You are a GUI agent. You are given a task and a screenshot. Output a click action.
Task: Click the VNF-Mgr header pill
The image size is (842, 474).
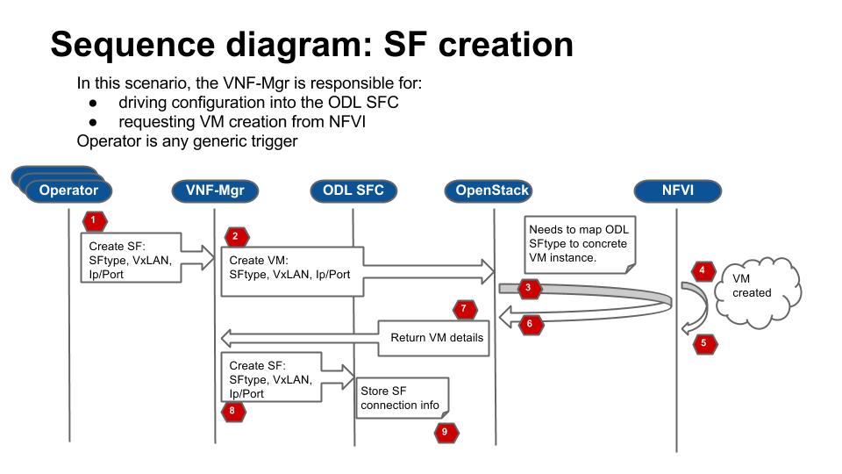pyautogui.click(x=215, y=190)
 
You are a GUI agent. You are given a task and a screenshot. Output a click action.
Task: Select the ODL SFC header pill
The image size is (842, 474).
pyautogui.click(x=353, y=190)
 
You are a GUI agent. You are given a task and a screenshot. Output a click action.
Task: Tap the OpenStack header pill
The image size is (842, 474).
pyautogui.click(x=492, y=190)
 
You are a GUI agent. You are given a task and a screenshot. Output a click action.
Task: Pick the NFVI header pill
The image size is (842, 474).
pyautogui.click(x=677, y=190)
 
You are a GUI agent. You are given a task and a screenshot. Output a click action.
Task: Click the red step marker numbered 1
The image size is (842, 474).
pyautogui.click(x=93, y=218)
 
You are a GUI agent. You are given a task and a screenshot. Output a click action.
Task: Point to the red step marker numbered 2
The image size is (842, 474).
pyautogui.click(x=235, y=236)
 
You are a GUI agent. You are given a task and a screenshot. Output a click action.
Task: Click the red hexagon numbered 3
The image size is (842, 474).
pyautogui.click(x=527, y=287)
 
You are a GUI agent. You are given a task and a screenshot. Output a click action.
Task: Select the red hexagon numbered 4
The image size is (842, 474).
pyautogui.click(x=702, y=269)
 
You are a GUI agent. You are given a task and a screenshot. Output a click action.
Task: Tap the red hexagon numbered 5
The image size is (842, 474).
pyautogui.click(x=703, y=343)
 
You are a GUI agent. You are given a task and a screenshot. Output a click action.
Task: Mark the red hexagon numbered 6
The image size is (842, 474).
pyautogui.click(x=529, y=323)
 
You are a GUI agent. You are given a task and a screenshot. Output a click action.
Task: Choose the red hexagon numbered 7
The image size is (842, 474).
pyautogui.click(x=465, y=308)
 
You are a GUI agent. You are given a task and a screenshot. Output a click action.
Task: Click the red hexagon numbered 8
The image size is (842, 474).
pyautogui.click(x=232, y=410)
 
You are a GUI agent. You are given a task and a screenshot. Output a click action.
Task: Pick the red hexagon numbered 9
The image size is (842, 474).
pyautogui.click(x=445, y=431)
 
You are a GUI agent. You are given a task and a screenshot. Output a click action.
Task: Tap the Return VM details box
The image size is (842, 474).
pyautogui.click(x=433, y=338)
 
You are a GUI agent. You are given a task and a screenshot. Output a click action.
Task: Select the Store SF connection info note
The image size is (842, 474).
pyautogui.click(x=403, y=398)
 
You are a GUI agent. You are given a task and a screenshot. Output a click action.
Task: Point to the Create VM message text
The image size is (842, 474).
pyautogui.click(x=289, y=268)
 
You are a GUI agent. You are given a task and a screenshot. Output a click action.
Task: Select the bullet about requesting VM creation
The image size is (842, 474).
pyautogui.click(x=242, y=122)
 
